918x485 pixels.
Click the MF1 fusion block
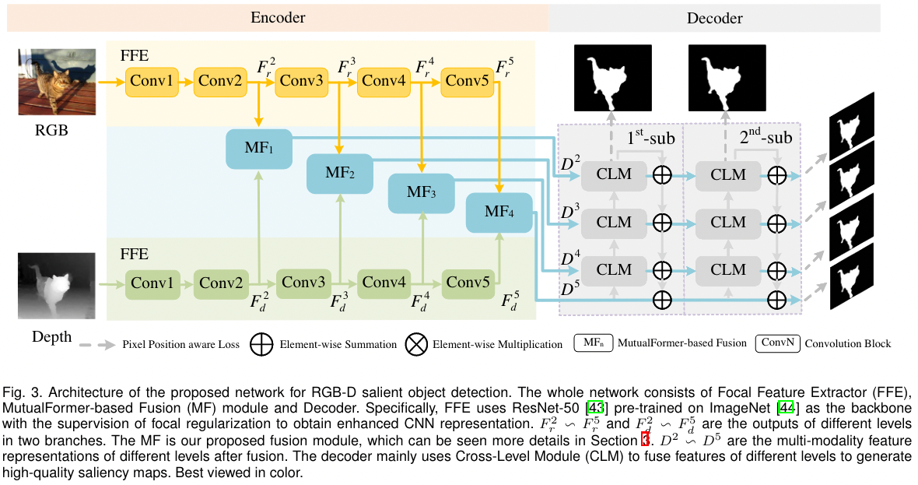(x=258, y=148)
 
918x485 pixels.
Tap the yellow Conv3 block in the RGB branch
(x=300, y=80)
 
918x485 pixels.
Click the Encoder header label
(x=278, y=17)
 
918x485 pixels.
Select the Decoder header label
(x=714, y=18)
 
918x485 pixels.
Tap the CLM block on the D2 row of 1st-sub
(x=614, y=174)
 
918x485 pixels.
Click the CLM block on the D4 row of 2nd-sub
(x=728, y=269)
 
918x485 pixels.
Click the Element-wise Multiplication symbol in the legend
(x=418, y=344)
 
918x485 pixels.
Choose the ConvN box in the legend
(x=777, y=343)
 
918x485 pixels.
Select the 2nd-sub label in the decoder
(x=766, y=139)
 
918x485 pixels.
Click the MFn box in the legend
(x=593, y=343)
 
